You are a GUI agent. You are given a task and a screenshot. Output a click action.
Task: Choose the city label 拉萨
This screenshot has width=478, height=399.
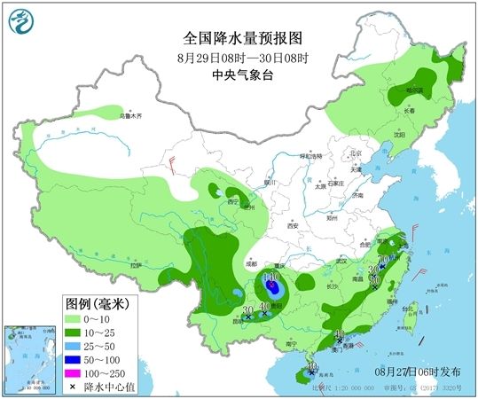click(x=136, y=265)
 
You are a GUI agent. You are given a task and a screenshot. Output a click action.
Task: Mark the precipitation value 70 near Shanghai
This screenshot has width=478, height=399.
click(x=383, y=259)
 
